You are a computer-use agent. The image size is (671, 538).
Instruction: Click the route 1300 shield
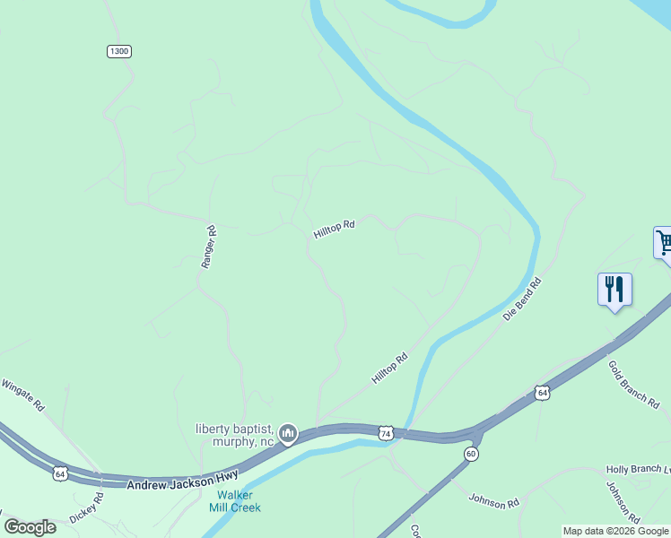point(119,51)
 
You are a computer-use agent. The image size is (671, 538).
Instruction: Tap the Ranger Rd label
point(209,247)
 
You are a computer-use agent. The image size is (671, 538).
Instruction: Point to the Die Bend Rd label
point(522,300)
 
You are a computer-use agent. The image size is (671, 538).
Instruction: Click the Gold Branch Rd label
point(633,385)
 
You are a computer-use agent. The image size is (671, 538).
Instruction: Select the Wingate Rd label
point(22,394)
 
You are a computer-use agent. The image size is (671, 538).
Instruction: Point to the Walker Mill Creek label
point(235,501)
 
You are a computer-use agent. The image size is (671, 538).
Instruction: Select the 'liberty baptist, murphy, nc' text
point(235,435)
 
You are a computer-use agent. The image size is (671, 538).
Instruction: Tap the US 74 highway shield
point(385,432)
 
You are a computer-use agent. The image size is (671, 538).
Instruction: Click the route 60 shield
point(471,455)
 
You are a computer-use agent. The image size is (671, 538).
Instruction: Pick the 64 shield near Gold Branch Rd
point(542,393)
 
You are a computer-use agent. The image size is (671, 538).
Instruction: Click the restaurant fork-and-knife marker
point(614,291)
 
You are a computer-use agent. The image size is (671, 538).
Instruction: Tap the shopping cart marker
point(664,243)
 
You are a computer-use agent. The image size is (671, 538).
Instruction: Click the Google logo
point(30,527)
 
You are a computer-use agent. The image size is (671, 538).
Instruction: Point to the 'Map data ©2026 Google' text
point(616,531)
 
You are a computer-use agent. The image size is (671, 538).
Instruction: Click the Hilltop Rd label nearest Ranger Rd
point(334,230)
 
